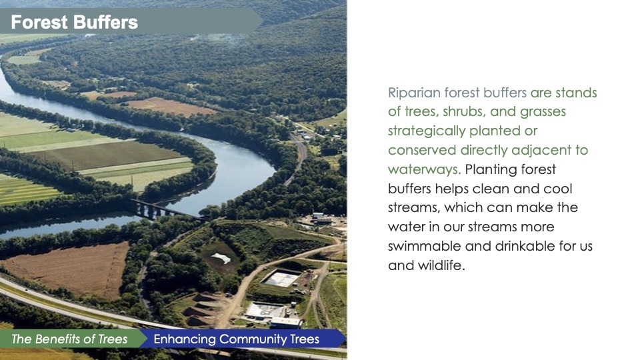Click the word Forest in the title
(x=39, y=22)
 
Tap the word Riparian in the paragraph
(x=414, y=93)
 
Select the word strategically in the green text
(x=427, y=131)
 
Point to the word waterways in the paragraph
(x=424, y=169)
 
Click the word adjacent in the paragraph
(x=541, y=150)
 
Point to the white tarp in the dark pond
(x=221, y=258)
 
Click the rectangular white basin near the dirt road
(x=281, y=279)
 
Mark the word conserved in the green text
(x=422, y=151)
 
